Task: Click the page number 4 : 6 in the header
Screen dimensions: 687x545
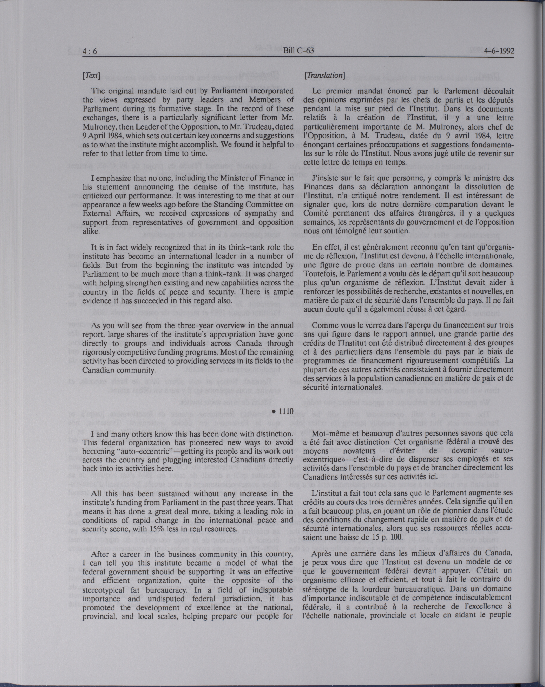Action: click(90, 51)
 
